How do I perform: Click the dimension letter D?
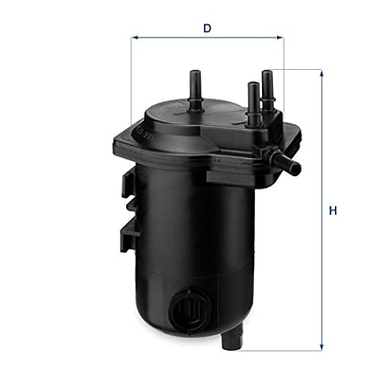pyautogui.click(x=207, y=28)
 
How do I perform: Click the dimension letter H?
pyautogui.click(x=333, y=210)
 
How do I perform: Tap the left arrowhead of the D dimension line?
pyautogui.click(x=135, y=37)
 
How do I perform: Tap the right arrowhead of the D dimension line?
pyautogui.click(x=280, y=37)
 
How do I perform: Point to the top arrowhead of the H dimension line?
pyautogui.click(x=321, y=73)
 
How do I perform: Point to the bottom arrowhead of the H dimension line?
pyautogui.click(x=321, y=348)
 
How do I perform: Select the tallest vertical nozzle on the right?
pyautogui.click(x=267, y=90)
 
